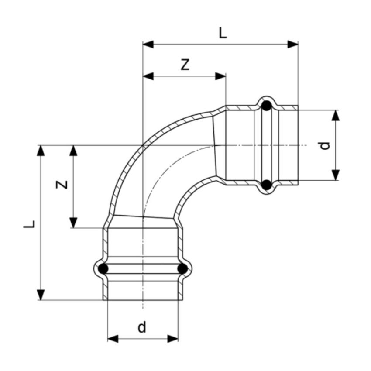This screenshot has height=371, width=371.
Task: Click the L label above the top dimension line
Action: (223, 33)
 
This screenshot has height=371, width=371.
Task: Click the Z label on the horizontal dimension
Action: (185, 65)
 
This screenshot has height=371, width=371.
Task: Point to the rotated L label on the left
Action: (29, 224)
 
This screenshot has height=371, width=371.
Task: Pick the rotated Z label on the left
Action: (62, 185)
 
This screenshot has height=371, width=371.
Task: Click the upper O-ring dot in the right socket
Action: (267, 106)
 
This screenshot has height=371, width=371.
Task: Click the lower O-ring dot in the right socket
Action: (267, 185)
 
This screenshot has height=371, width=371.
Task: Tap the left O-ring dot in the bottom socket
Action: (103, 269)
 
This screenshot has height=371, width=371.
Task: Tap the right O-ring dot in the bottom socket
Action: (182, 269)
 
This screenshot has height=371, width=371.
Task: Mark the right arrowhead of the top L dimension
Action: (293, 44)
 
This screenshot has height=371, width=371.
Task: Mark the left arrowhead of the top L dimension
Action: (148, 44)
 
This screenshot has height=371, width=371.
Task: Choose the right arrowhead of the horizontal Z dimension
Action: (220, 76)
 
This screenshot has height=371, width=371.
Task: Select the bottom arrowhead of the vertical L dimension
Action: (41, 295)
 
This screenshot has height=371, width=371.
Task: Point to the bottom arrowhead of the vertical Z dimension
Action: (73, 223)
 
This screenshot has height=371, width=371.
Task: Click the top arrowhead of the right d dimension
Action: (336, 116)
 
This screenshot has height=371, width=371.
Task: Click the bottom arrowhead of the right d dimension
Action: (336, 175)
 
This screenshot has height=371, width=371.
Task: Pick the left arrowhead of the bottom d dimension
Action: (113, 339)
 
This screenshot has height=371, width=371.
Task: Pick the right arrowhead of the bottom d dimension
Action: (173, 339)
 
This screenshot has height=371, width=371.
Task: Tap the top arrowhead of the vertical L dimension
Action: (41, 151)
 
